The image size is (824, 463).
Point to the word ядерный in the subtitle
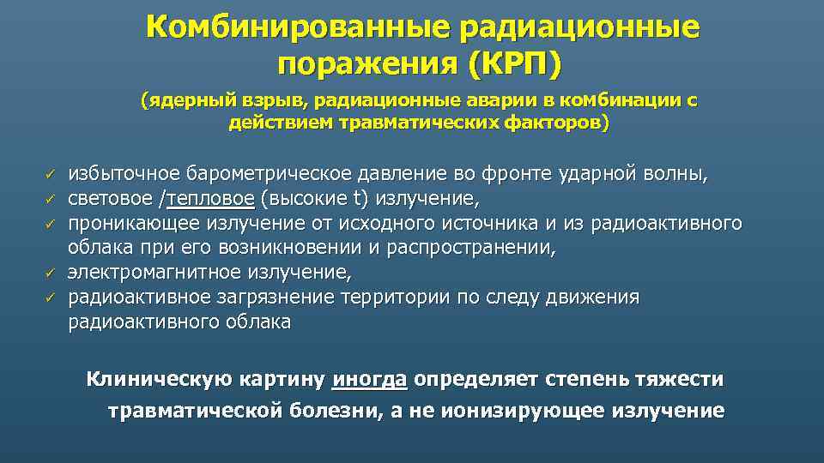182,101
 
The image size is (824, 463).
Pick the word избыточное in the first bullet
118,175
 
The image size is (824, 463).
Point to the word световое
110,200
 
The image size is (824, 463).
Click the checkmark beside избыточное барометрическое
51,176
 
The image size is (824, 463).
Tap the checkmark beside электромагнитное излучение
51,274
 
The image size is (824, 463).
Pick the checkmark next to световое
51,200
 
